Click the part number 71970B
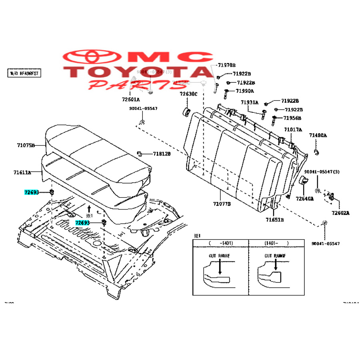point(226,65)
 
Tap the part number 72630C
point(188,94)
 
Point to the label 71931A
point(250,102)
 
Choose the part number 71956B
point(292,118)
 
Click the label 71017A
point(293,130)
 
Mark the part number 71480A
point(318,136)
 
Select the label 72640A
point(305,198)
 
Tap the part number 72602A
point(340,213)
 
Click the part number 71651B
point(275,220)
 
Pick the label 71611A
point(22,173)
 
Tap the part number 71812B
point(161,154)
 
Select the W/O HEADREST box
point(24,73)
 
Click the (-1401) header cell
point(220,243)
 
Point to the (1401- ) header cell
point(276,243)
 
